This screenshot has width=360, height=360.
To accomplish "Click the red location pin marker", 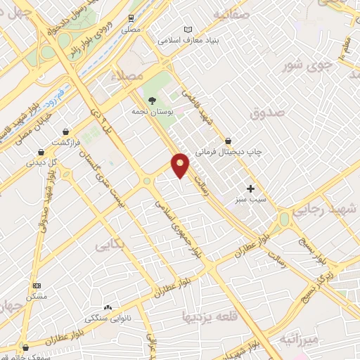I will [181, 165].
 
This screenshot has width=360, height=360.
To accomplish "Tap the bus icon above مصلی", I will [131, 18].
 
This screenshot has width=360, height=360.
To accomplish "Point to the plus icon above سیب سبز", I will [251, 188].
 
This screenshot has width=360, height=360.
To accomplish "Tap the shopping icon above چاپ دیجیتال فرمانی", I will [229, 140].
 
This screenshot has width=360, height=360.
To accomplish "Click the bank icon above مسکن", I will [37, 285].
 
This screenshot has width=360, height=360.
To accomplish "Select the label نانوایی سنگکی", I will [108, 318].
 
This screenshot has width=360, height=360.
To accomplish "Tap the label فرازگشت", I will [66, 142].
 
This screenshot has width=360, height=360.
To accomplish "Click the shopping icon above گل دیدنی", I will [41, 151].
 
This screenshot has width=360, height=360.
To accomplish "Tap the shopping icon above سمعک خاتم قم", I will [26, 347].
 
